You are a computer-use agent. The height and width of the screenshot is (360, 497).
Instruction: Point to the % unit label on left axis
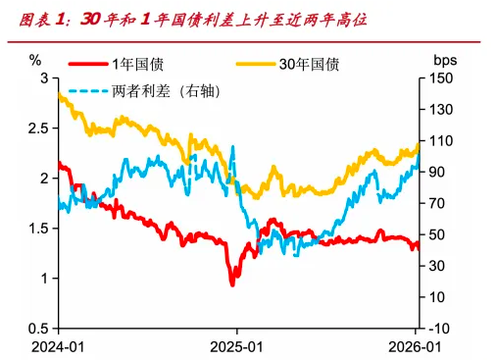click(x=36, y=61)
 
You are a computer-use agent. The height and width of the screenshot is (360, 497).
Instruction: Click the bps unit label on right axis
click(x=444, y=61)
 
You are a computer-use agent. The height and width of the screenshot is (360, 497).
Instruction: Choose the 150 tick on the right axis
click(x=443, y=77)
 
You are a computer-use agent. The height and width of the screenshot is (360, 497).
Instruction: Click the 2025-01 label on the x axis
click(x=237, y=346)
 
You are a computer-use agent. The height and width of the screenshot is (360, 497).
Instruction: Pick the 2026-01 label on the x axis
click(x=416, y=346)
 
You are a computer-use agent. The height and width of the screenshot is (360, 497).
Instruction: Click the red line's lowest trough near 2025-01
click(x=232, y=283)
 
